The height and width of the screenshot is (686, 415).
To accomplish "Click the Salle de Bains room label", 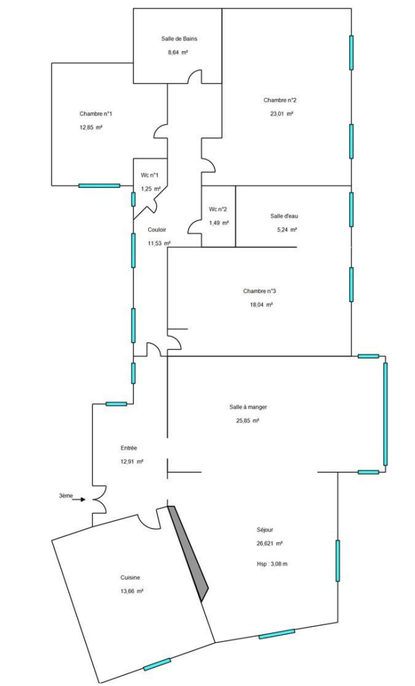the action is (179, 39).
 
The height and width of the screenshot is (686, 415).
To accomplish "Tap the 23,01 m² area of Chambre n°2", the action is (282, 114).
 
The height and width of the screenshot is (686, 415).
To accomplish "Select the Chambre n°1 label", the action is (96, 114).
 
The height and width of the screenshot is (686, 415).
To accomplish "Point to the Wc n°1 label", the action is (149, 175).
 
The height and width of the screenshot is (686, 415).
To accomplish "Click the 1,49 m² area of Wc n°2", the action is (219, 222).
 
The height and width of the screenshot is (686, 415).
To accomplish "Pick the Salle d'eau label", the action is (284, 216).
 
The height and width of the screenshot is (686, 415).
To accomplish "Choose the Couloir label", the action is (157, 230).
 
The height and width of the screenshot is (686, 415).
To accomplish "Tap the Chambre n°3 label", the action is (260, 291).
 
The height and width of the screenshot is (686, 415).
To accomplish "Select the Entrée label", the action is (129, 448).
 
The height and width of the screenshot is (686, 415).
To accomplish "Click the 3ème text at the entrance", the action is (66, 495).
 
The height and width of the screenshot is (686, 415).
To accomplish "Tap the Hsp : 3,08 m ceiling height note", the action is (272, 564).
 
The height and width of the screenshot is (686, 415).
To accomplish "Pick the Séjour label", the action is (265, 530).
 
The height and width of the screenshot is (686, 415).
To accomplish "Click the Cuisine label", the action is (130, 578).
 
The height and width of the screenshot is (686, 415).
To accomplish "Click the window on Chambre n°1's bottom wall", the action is (99, 185).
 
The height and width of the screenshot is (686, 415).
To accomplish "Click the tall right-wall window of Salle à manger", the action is (385, 414).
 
